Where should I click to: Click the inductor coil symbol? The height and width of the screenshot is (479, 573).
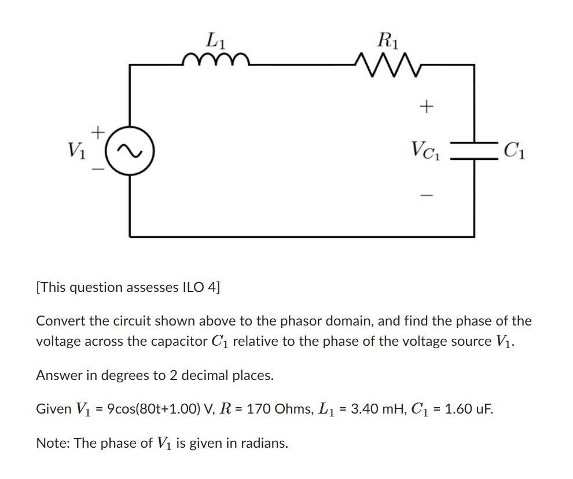[x=215, y=60]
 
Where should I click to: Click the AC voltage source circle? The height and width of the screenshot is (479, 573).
[x=129, y=151]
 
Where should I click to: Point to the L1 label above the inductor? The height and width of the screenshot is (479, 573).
[x=216, y=40]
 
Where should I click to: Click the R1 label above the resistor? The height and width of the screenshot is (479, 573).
[x=387, y=40]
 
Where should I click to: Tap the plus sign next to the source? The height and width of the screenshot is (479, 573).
[x=99, y=133]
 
